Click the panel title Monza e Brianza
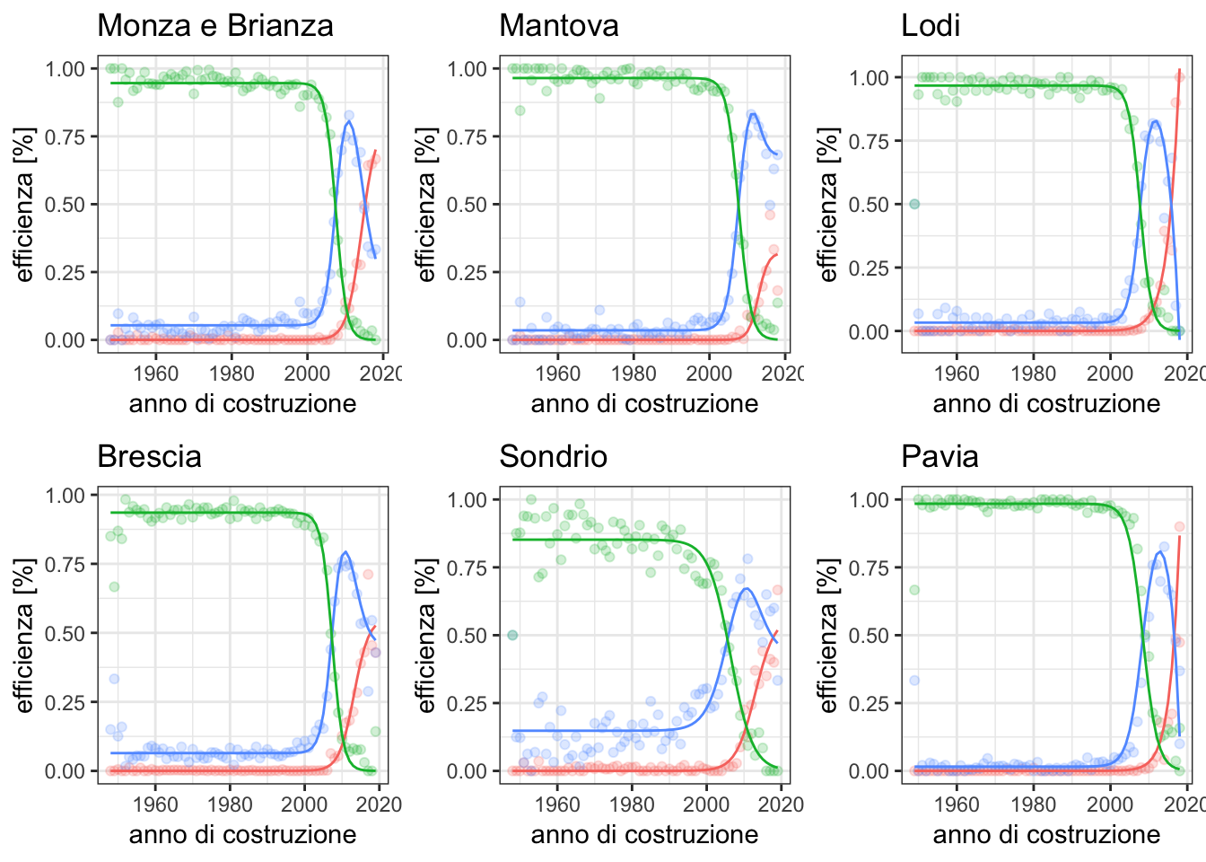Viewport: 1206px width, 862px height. (214, 25)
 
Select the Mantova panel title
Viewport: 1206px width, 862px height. (558, 25)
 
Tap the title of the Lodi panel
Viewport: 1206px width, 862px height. (930, 25)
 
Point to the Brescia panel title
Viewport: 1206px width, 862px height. (149, 456)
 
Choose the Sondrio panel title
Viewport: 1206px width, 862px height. (553, 456)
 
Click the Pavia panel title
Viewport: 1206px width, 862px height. (939, 456)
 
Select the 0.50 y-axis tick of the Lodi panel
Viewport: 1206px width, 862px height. (870, 205)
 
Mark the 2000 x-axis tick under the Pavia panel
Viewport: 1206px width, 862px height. (1111, 804)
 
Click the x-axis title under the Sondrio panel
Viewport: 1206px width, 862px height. (644, 835)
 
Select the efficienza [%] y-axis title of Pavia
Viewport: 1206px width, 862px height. (827, 635)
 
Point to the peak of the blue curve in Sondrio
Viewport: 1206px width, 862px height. (745, 589)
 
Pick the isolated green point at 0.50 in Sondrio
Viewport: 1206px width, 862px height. (511, 635)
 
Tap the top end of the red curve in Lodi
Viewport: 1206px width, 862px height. (1179, 69)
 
